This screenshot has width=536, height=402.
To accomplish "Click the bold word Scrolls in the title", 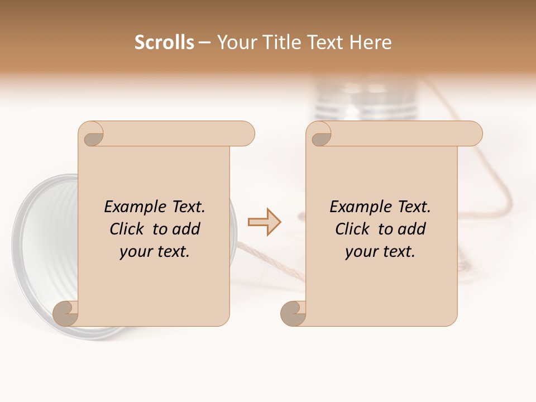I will point(164,42).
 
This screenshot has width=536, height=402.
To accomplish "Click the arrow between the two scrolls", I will point(265,222).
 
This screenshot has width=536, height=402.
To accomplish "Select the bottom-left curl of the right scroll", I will point(294,314).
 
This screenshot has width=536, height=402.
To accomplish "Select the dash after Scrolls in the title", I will point(204,43).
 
